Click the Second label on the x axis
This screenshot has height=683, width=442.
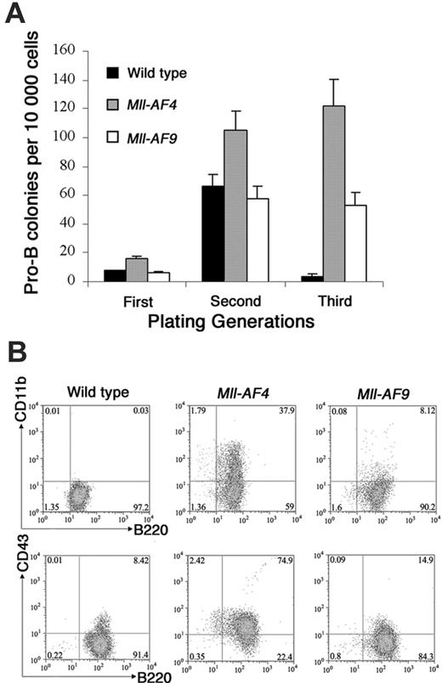236,301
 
